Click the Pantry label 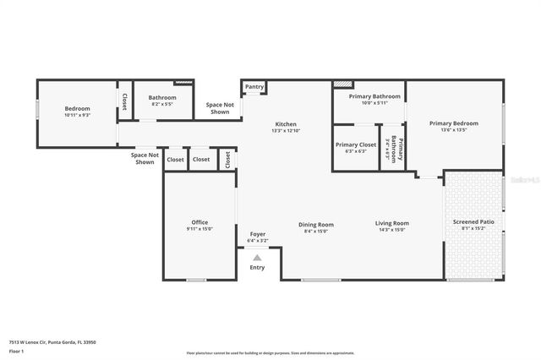(254, 87)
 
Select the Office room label (199, 226)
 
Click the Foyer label (257, 237)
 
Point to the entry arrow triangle (257, 257)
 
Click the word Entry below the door (257, 268)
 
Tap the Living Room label (392, 226)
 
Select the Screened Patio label (474, 225)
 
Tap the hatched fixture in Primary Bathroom (342, 85)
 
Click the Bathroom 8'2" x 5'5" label (162, 101)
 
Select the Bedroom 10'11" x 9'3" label (77, 112)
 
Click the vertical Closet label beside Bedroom (123, 101)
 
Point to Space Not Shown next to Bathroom (219, 107)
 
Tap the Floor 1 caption (17, 351)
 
